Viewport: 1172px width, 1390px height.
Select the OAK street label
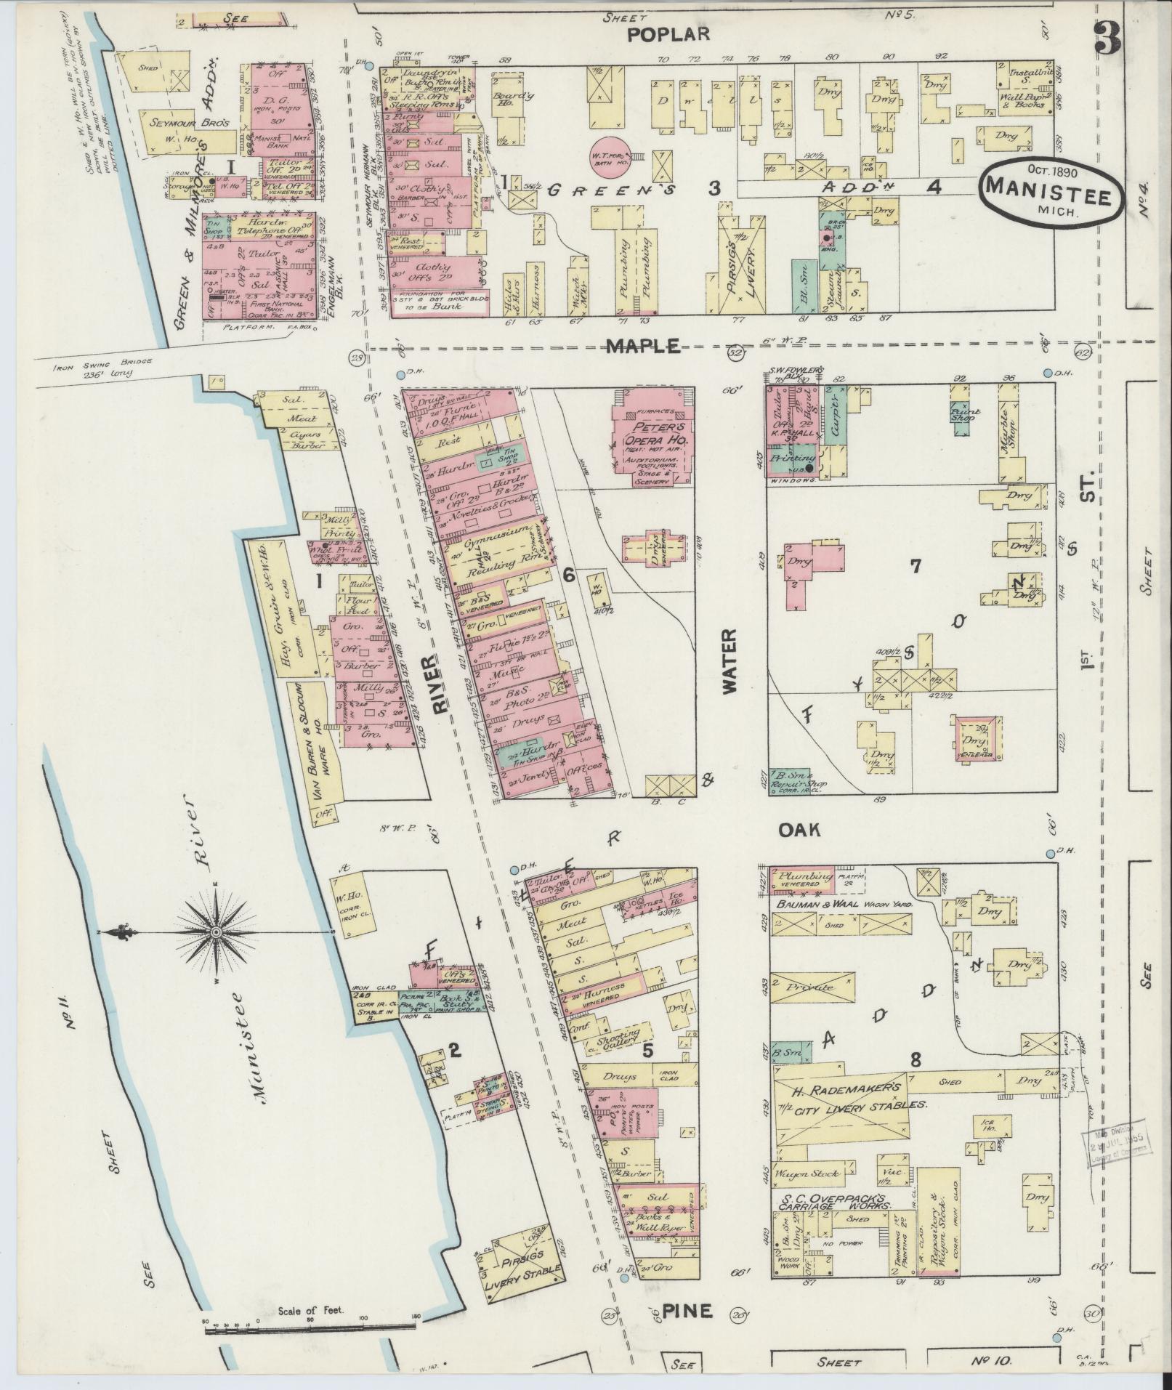coord(799,829)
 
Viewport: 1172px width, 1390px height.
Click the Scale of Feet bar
coord(312,1328)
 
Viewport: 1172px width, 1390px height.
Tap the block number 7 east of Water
coord(916,566)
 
